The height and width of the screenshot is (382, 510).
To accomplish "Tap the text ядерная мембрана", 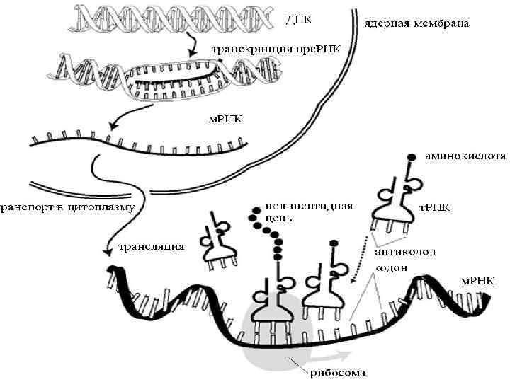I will click(x=417, y=23).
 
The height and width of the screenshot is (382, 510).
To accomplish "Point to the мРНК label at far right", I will click(x=480, y=280).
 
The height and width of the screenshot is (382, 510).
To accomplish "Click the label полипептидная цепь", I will click(x=308, y=212).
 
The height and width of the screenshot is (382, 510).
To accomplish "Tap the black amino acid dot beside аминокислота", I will click(x=412, y=156).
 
